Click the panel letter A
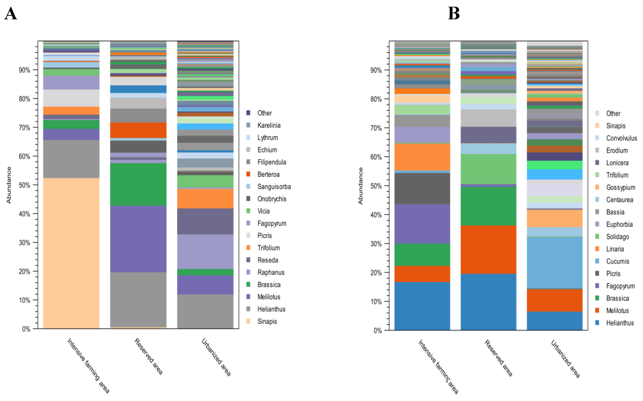pos(11,14)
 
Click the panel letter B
pos(453,13)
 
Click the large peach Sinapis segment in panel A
pos(71,253)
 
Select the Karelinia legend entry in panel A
pos(269,125)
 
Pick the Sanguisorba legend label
pos(274,187)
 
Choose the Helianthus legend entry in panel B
pos(620,323)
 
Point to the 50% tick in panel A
pos(24,185)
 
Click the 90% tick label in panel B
pos(376,70)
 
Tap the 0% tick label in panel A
pos(26,329)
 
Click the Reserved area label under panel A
pos(148,356)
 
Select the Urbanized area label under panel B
pos(565,359)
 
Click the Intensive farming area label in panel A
pos(88,365)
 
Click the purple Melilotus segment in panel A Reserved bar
pos(138,239)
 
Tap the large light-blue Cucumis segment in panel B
pos(554,263)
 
